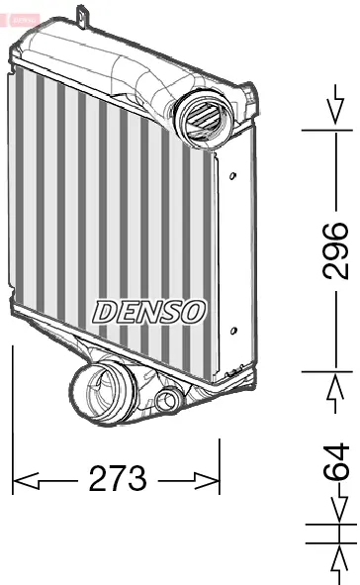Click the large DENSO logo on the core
(x=149, y=310)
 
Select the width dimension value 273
(x=118, y=480)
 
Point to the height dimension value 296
(x=336, y=250)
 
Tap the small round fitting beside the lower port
(x=169, y=401)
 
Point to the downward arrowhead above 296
(x=336, y=123)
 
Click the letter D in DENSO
(x=104, y=310)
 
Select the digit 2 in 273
(x=98, y=480)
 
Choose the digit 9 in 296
(x=336, y=250)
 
